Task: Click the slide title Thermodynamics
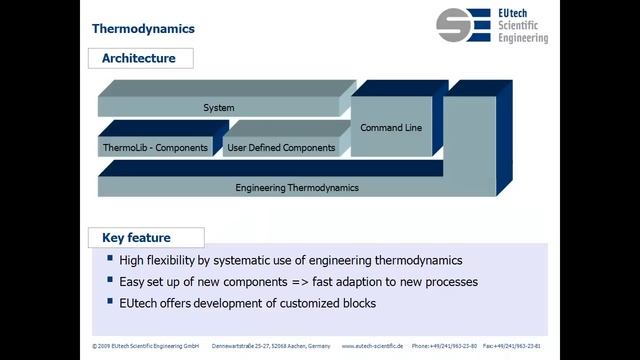click(143, 28)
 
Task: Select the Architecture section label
click(138, 58)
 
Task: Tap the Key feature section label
click(136, 238)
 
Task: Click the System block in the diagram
click(218, 107)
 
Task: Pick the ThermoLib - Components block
click(155, 148)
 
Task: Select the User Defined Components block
click(281, 148)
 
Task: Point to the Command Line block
click(397, 127)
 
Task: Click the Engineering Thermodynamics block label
click(297, 187)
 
